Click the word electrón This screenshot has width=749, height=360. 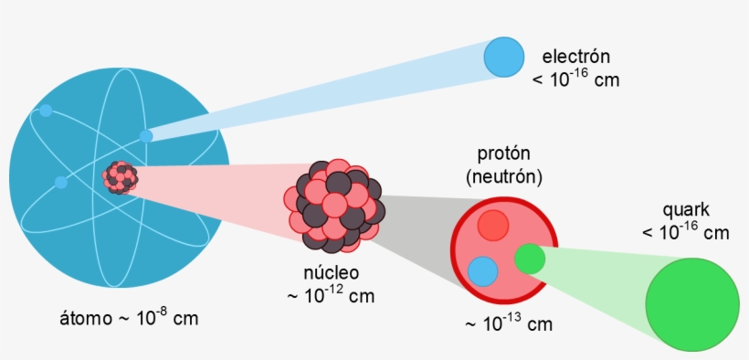click(x=575, y=56)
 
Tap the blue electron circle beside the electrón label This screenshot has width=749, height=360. click(x=504, y=57)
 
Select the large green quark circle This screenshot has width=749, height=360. click(x=691, y=303)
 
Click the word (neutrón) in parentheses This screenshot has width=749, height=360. click(x=503, y=175)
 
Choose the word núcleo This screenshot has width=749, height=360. click(x=331, y=272)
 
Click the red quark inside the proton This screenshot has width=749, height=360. click(x=493, y=225)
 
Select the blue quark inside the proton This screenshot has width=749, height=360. click(x=482, y=271)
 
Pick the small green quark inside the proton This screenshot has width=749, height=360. click(x=529, y=259)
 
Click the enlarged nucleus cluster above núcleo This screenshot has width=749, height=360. click(x=332, y=206)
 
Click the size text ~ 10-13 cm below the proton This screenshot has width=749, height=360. click(x=509, y=324)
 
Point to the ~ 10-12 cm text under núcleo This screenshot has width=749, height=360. click(x=331, y=295)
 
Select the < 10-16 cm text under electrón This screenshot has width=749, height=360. click(x=575, y=79)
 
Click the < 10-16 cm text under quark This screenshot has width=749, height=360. click(x=686, y=232)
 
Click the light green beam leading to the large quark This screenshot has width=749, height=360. click(x=603, y=270)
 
